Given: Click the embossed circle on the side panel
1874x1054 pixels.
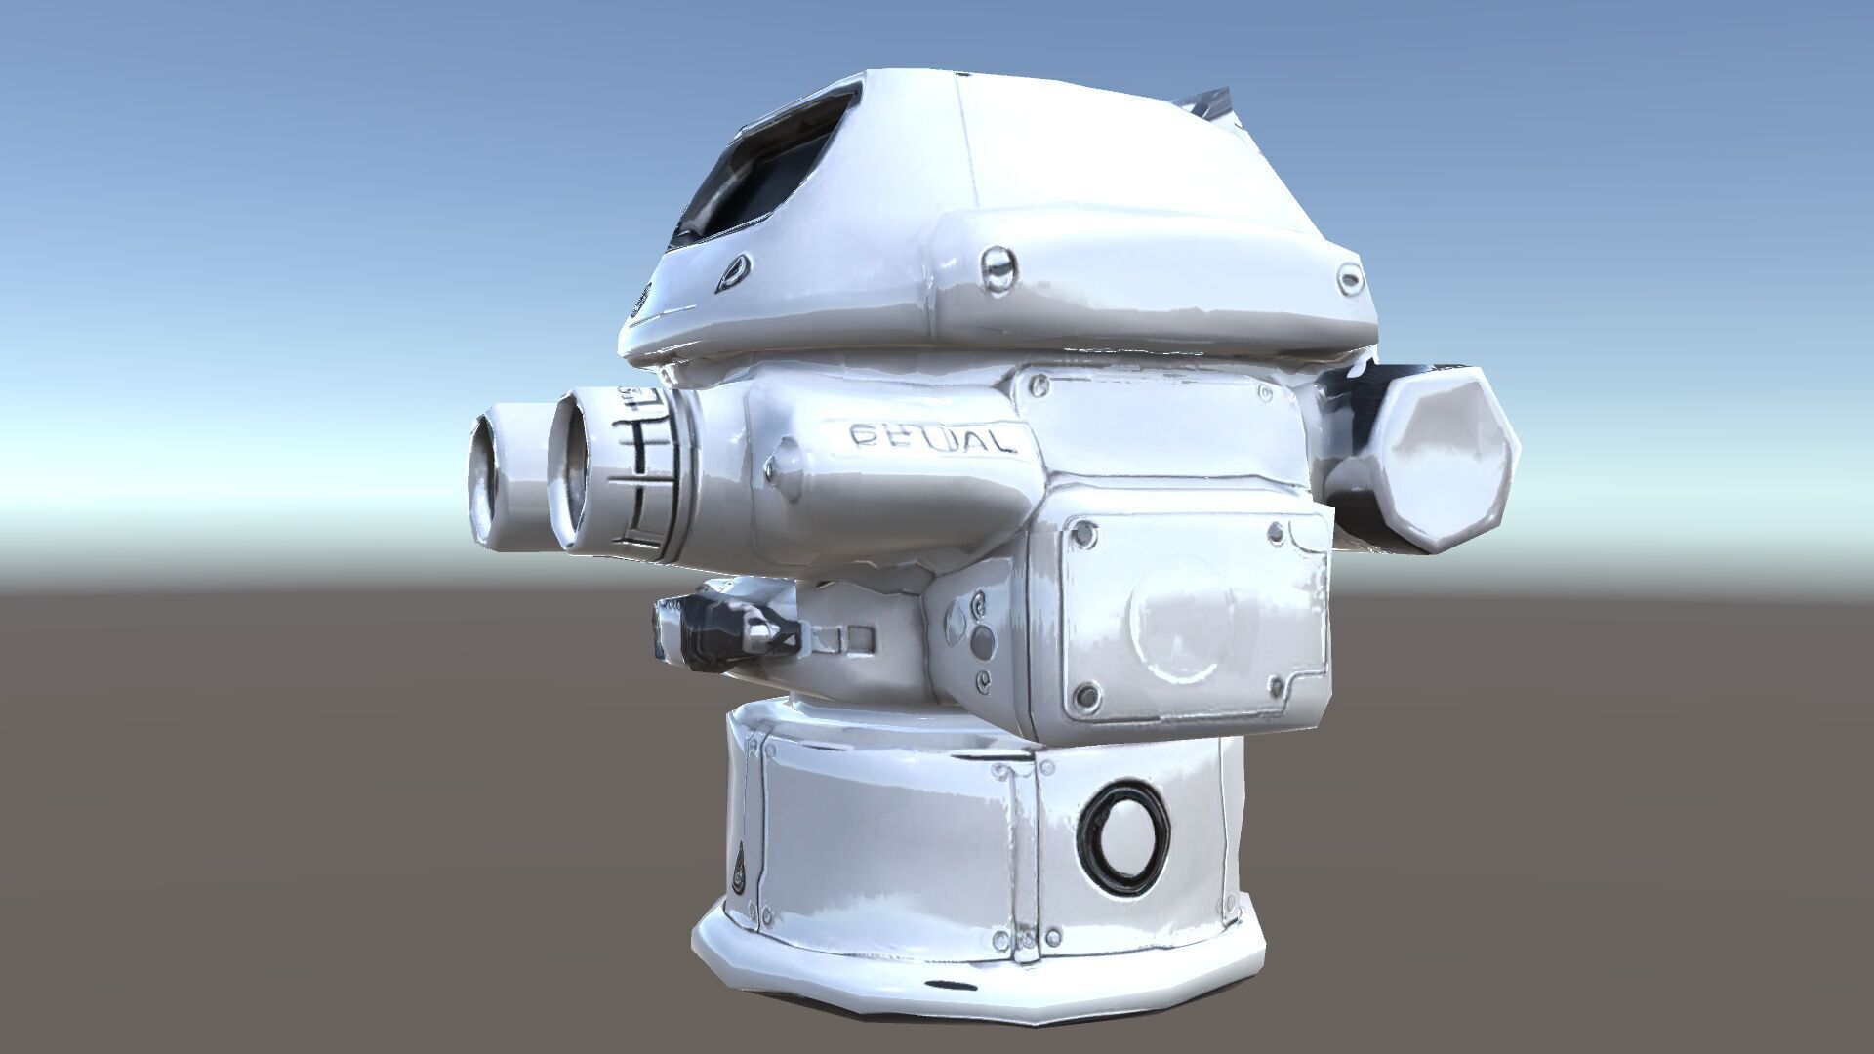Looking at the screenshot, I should point(1182,618).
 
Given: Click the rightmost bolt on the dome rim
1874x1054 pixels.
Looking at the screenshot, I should point(1350,281).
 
